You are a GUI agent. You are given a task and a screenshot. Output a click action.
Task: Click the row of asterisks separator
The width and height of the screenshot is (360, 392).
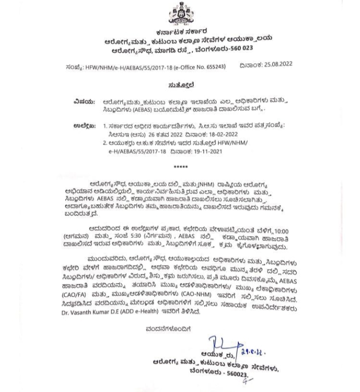179,166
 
